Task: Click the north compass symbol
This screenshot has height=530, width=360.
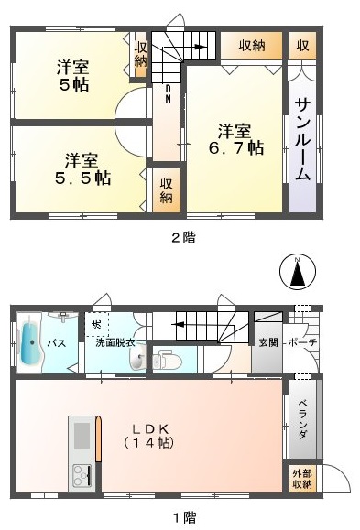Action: pos(298,272)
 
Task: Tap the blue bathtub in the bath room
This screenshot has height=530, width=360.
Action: pos(30,342)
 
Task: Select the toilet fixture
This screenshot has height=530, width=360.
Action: pos(167,362)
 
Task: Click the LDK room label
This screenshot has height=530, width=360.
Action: pos(150,436)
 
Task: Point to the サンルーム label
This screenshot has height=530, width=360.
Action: pos(303,140)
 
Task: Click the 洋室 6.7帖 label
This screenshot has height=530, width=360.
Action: pos(235,139)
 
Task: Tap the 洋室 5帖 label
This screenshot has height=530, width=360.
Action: pos(72,76)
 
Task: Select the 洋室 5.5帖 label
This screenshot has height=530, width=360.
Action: pos(82,169)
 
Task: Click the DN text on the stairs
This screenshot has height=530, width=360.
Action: pos(168,93)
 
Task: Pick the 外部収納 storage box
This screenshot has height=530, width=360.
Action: pos(302,480)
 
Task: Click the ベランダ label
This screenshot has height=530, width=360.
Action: pos(302,419)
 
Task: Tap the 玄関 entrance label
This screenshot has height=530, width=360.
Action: pos(268,342)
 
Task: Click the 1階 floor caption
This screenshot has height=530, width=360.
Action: pos(185,517)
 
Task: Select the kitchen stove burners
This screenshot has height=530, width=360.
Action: pos(82,476)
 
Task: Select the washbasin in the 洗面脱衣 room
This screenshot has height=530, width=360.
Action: pos(137,358)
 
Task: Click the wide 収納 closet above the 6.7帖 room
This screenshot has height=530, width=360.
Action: pos(251,46)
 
